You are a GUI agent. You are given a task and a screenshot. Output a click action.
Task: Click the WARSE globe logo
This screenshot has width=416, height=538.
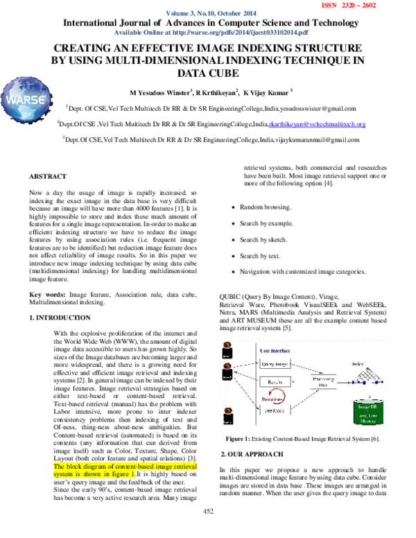29,99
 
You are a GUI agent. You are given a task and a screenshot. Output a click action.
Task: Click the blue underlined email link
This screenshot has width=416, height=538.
316,125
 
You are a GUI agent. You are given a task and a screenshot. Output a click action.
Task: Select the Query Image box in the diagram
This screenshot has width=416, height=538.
273,363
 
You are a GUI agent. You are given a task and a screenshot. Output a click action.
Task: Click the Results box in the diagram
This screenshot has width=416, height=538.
273,381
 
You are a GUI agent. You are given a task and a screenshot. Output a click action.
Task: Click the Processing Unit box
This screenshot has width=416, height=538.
323,382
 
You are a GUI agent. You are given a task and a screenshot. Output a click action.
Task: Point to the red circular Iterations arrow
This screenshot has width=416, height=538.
272,396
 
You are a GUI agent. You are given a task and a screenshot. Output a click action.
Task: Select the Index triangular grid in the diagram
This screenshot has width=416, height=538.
365,375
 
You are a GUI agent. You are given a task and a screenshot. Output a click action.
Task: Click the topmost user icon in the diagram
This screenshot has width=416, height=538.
227,346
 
